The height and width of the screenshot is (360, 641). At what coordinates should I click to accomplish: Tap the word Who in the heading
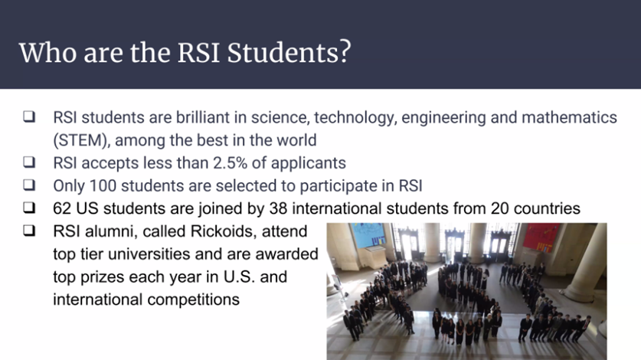pyautogui.click(x=43, y=52)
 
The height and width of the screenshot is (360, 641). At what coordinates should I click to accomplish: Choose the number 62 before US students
pyautogui.click(x=63, y=208)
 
